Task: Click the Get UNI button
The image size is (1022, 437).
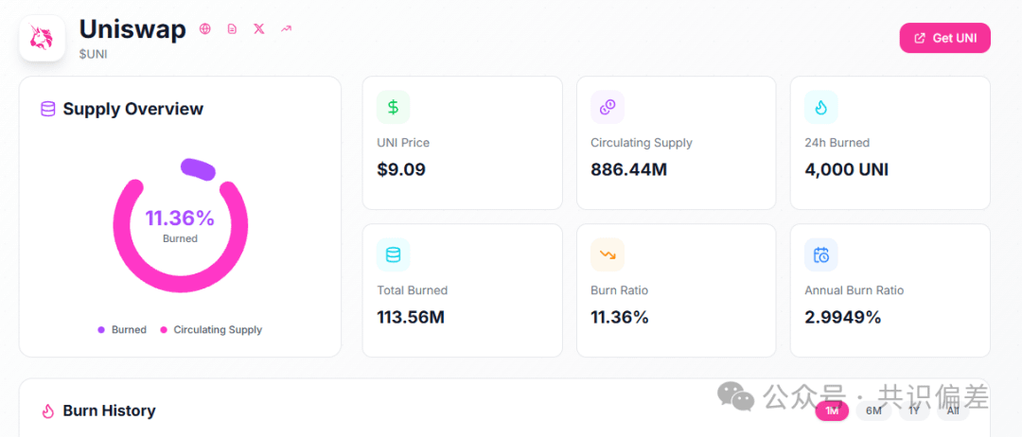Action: pyautogui.click(x=944, y=38)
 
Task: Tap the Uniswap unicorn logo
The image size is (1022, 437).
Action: pyautogui.click(x=43, y=39)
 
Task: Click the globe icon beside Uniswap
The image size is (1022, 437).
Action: pyautogui.click(x=205, y=28)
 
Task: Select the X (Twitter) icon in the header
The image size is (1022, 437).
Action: pyautogui.click(x=259, y=28)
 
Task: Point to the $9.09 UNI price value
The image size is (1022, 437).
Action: pyautogui.click(x=401, y=170)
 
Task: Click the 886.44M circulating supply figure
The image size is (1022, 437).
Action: pyautogui.click(x=629, y=170)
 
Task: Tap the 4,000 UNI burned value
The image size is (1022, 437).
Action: pyautogui.click(x=847, y=170)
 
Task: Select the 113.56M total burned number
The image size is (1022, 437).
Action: pyautogui.click(x=411, y=317)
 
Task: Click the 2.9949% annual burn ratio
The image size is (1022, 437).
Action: pyautogui.click(x=843, y=317)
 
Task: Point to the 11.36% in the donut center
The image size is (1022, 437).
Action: pyautogui.click(x=180, y=218)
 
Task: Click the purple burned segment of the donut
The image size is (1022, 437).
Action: pyautogui.click(x=198, y=168)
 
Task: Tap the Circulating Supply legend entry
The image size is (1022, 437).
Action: pyautogui.click(x=211, y=329)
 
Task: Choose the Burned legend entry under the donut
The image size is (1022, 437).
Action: pyautogui.click(x=122, y=329)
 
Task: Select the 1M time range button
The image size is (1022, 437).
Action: pyautogui.click(x=833, y=411)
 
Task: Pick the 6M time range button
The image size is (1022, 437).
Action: pyautogui.click(x=873, y=411)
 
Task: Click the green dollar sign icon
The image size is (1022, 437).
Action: pyautogui.click(x=393, y=107)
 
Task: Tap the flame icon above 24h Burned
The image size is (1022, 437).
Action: pyautogui.click(x=821, y=107)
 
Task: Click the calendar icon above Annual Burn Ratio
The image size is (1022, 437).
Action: pyautogui.click(x=821, y=254)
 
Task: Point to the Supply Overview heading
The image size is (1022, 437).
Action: pyautogui.click(x=133, y=109)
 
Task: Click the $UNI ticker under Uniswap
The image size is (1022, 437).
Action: pyautogui.click(x=93, y=54)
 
